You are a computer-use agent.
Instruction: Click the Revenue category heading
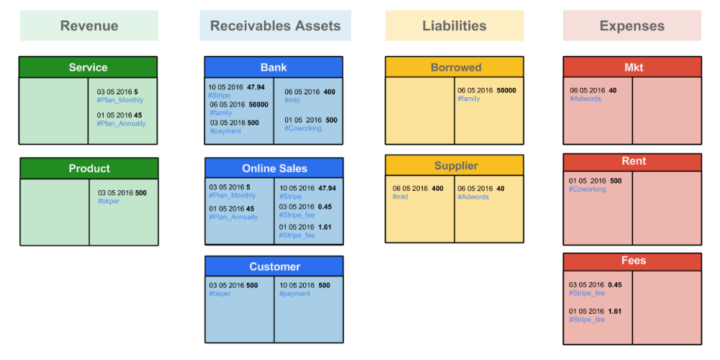89,26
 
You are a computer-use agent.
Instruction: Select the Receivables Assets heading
275,26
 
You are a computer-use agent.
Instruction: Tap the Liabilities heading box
454,26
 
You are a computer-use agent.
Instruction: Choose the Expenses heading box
632,26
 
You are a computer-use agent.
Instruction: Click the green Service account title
88,68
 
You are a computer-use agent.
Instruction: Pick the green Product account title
89,168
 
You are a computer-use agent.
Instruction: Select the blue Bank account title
274,68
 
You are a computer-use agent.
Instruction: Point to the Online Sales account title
274,168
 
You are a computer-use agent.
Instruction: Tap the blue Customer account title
274,266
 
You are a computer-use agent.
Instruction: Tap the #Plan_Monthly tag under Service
120,100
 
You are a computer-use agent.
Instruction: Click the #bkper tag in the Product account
109,201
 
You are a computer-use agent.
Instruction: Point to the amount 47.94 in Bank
256,87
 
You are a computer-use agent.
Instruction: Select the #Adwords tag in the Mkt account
585,99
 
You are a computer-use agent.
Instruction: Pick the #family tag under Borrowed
469,99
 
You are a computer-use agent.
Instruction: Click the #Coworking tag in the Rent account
588,189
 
